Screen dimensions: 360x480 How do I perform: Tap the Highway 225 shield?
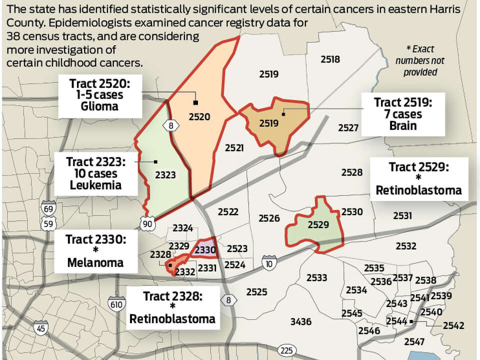tap(286, 349)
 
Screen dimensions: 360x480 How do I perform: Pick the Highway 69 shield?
tap(49, 208)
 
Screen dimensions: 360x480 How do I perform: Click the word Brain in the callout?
tap(402, 125)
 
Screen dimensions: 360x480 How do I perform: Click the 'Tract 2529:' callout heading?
tap(419, 166)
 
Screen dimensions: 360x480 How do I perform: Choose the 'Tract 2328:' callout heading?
tap(172, 296)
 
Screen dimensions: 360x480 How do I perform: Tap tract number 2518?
tap(330, 59)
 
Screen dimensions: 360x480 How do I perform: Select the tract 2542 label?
tap(454, 325)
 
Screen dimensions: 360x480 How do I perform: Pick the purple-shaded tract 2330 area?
tap(205, 248)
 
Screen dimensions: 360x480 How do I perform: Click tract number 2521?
tap(234, 148)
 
